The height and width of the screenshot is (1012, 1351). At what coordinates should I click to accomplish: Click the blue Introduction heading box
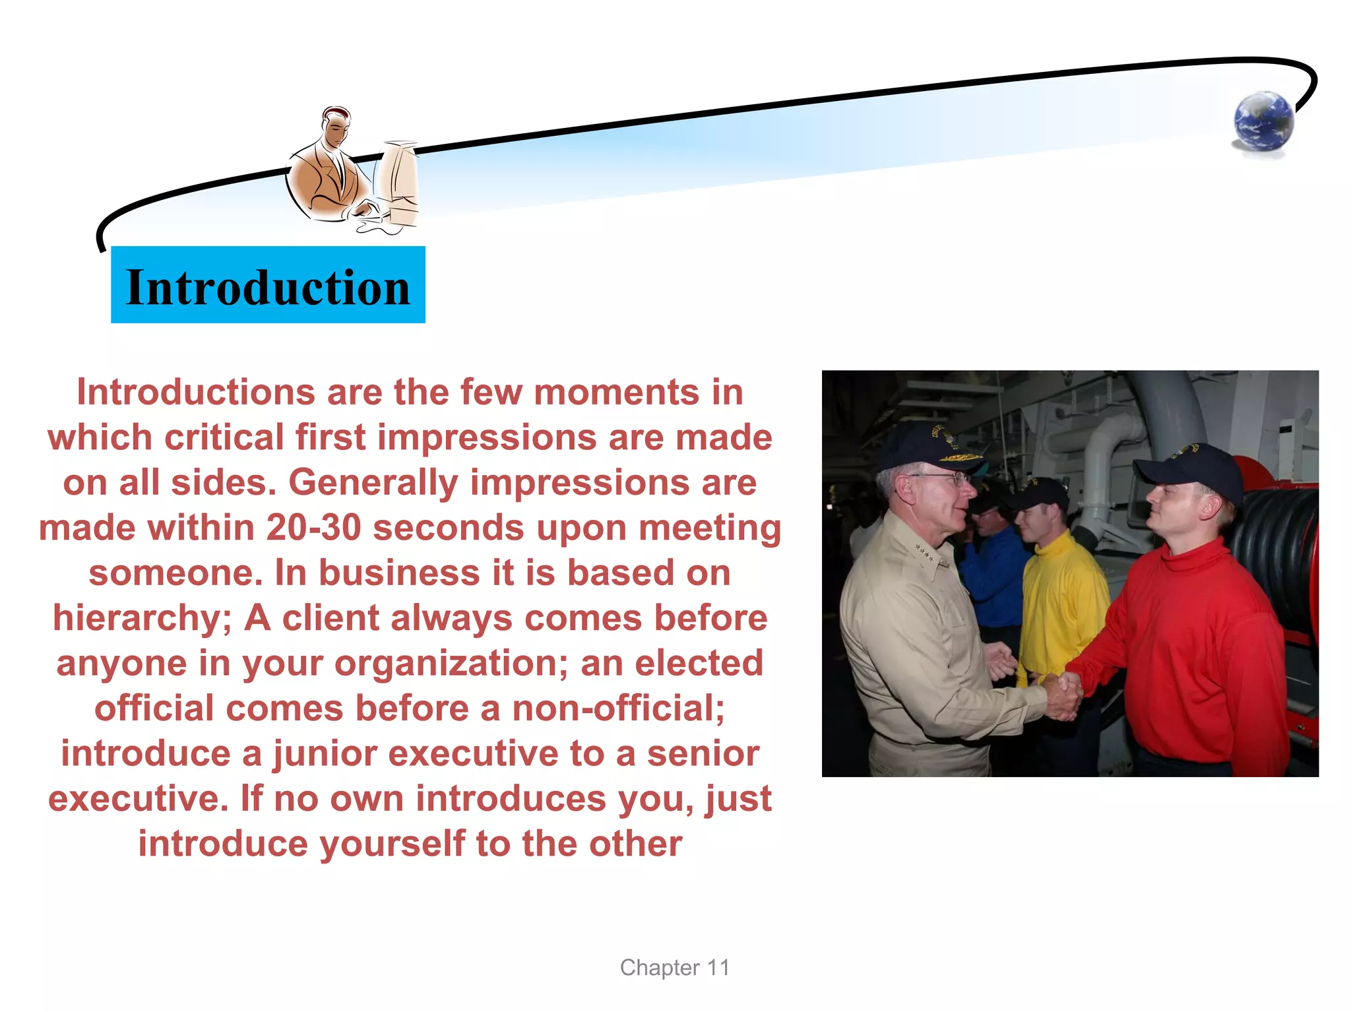(x=268, y=285)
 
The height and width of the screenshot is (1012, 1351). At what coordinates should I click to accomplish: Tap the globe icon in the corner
(x=1263, y=121)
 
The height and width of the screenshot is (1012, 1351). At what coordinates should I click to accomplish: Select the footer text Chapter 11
(x=674, y=967)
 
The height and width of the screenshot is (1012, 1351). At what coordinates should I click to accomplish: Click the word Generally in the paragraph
(x=373, y=483)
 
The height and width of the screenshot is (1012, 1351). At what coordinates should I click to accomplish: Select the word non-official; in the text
(x=618, y=709)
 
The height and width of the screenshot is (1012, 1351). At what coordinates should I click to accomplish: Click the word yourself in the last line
(x=393, y=844)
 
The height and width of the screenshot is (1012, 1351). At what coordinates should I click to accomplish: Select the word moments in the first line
(x=616, y=393)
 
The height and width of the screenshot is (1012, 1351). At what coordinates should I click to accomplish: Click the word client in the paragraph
(x=330, y=619)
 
